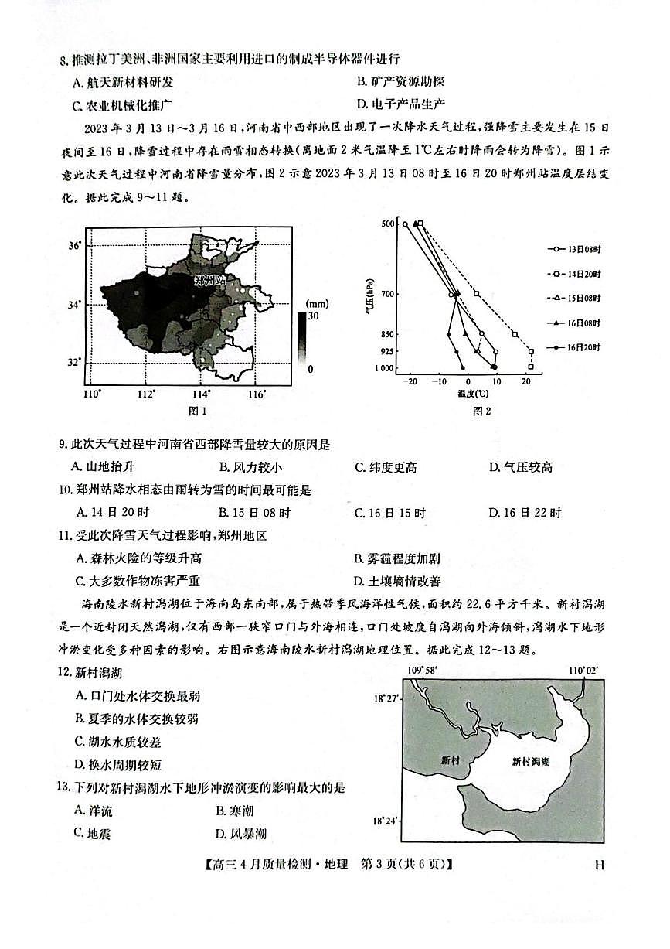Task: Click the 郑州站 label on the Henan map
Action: [x=207, y=279]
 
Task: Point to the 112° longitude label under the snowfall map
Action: [x=145, y=394]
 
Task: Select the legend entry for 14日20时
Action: [x=583, y=274]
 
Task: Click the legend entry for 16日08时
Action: [x=583, y=323]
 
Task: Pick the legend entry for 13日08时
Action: [x=583, y=249]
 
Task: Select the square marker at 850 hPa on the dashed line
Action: [x=515, y=334]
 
